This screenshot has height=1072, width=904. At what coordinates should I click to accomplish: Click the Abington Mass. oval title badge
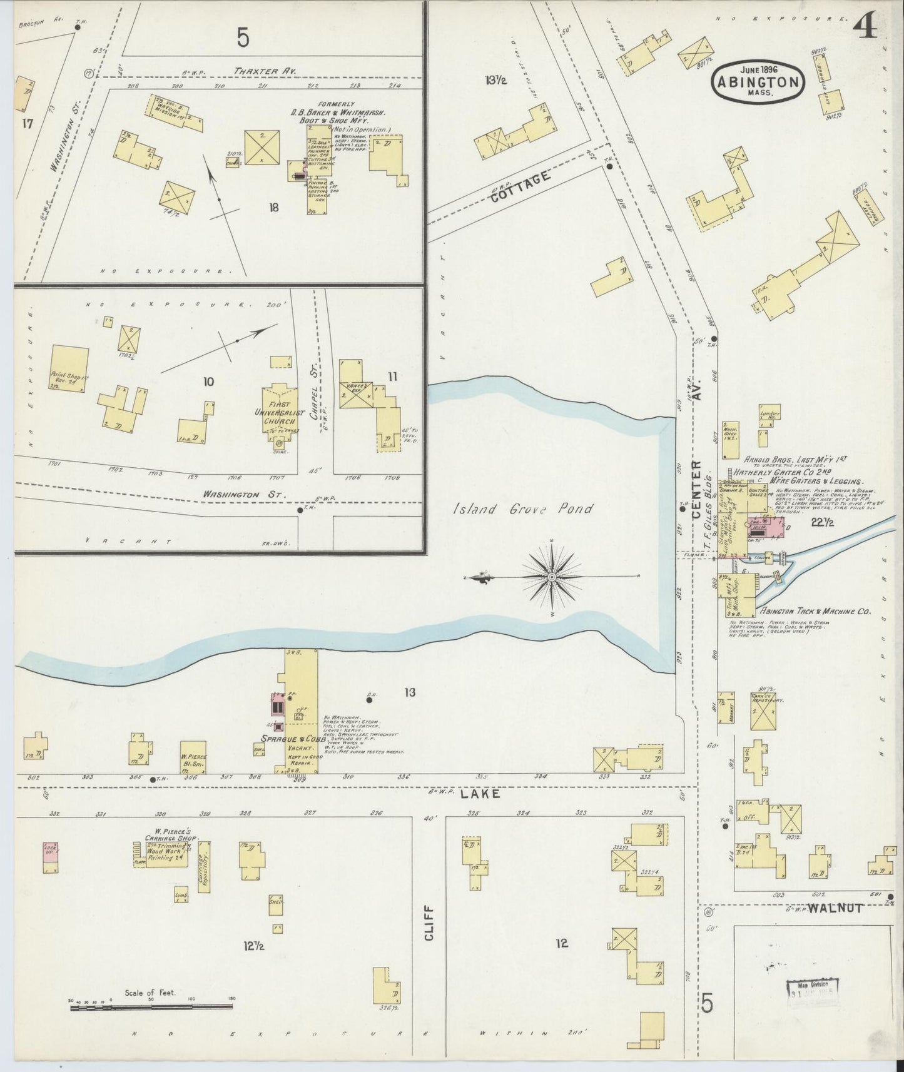coord(758,80)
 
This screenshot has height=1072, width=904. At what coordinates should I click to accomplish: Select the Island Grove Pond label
coord(522,509)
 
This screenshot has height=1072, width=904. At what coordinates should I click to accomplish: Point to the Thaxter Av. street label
coord(265,71)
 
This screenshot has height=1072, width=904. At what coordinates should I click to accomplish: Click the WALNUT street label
coord(835,908)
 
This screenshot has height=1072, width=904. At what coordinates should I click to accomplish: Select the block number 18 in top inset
coord(273,208)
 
